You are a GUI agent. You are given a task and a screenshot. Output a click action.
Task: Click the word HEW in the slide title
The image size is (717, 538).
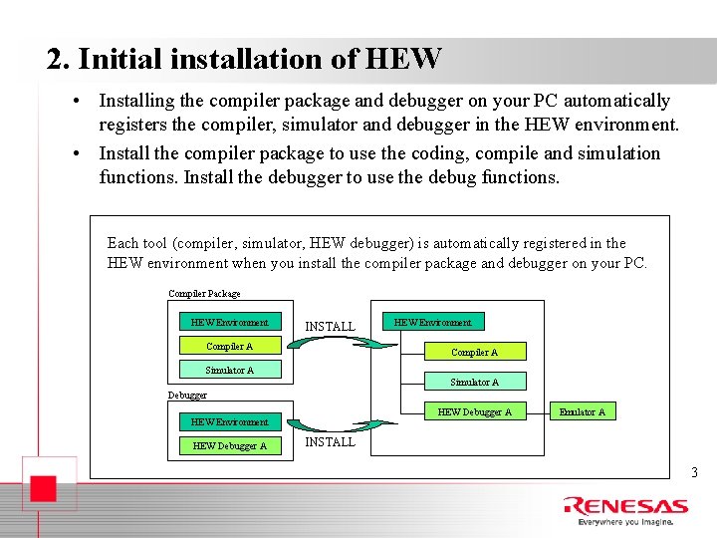(403, 59)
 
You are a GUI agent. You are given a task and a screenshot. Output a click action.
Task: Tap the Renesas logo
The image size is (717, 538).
(624, 506)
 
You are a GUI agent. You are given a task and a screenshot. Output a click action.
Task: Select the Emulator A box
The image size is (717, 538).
(582, 411)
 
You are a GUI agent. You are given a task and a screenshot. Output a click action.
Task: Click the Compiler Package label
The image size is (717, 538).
(204, 294)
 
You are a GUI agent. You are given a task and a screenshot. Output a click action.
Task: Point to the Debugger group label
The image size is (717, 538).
(187, 396)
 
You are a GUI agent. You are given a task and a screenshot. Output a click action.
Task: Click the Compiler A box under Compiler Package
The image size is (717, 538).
(229, 346)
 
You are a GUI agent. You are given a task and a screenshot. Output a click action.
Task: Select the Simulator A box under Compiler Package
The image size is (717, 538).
(229, 370)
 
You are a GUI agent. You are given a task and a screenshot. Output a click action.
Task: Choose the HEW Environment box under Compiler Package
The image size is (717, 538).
(229, 322)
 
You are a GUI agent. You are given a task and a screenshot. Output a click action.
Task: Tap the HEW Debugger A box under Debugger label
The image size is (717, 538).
(229, 445)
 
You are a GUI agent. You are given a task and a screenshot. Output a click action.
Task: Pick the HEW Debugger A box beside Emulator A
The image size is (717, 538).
(474, 411)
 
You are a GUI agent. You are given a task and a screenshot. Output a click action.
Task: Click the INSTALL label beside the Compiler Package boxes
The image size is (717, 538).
(330, 326)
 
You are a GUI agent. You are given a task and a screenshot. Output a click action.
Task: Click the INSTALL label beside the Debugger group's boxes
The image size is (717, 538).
(330, 441)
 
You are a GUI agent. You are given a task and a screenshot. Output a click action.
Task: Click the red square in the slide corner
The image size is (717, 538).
(41, 490)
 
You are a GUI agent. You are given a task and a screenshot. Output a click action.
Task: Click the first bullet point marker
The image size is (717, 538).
(76, 102)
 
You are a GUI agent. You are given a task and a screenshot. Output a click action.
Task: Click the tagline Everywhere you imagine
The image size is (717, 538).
(624, 521)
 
